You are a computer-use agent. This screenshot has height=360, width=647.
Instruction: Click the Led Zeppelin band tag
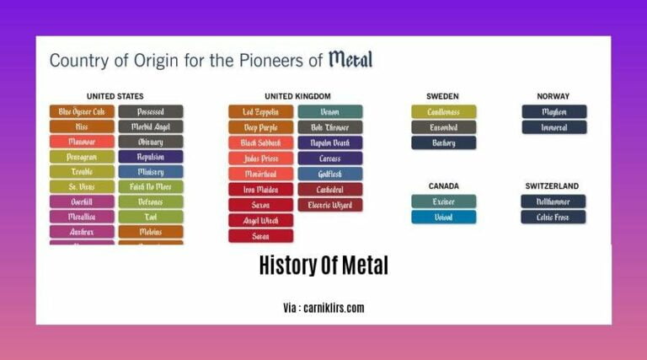click(261, 111)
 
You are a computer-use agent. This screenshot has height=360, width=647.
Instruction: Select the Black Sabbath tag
click(261, 142)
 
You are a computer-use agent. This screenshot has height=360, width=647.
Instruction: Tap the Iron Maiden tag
click(261, 190)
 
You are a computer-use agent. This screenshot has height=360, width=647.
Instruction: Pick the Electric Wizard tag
click(330, 205)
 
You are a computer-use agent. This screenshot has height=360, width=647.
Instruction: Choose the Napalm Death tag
click(330, 142)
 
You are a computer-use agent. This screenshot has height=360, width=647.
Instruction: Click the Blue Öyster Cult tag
click(82, 111)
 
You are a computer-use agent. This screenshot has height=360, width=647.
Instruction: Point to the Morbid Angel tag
click(151, 127)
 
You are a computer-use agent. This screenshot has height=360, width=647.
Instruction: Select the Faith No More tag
click(151, 186)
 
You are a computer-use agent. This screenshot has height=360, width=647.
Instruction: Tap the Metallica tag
click(82, 217)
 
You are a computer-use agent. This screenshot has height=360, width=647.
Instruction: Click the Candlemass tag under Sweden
click(444, 111)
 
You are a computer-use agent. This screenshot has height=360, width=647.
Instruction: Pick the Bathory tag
click(444, 142)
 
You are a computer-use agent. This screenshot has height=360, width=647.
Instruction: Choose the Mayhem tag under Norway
click(554, 111)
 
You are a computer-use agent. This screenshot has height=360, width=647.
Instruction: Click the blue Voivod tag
click(444, 217)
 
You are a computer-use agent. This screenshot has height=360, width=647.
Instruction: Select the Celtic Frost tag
click(554, 217)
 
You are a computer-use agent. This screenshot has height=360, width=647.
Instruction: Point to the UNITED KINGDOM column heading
click(297, 96)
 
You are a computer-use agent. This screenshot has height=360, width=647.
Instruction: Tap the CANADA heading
click(444, 185)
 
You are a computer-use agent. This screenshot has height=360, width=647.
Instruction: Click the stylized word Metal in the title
click(350, 60)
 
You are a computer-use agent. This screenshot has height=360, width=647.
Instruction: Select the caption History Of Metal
click(323, 266)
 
